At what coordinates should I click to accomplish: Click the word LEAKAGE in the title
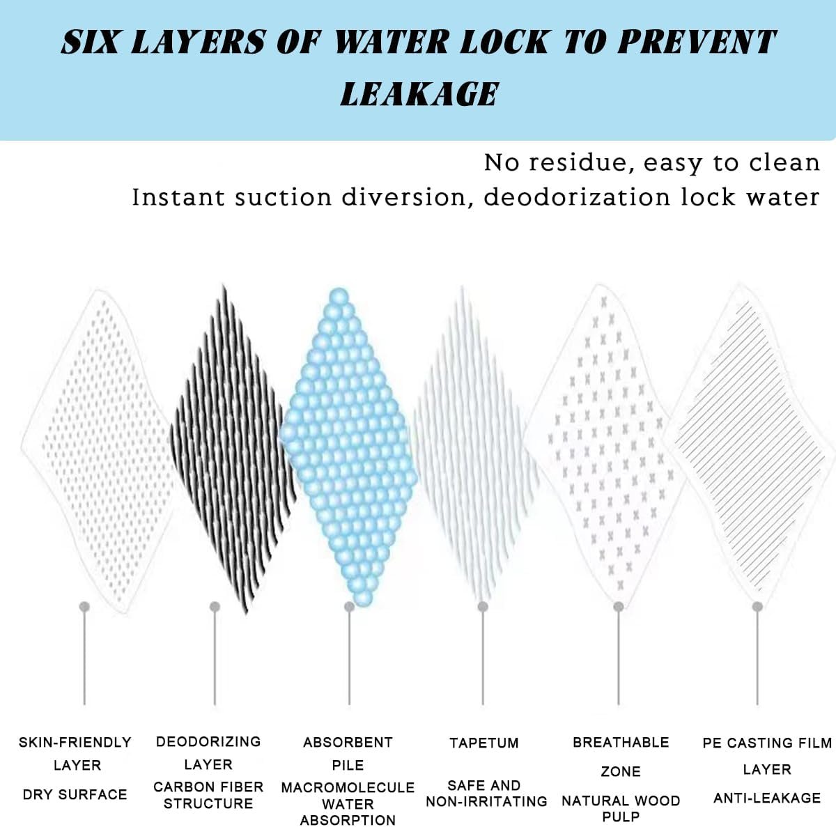click(x=419, y=94)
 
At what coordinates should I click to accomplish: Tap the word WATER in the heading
click(x=392, y=42)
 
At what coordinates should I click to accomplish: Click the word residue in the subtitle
click(x=578, y=163)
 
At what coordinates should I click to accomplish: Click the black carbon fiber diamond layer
click(x=233, y=449)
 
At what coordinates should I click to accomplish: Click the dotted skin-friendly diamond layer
click(x=98, y=451)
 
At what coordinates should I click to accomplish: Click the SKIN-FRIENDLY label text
click(x=75, y=743)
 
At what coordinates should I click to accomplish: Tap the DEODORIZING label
click(x=208, y=741)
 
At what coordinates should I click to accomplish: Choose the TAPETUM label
click(x=484, y=743)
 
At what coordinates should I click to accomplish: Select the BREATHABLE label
click(x=621, y=743)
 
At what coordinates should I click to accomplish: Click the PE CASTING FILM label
click(x=767, y=743)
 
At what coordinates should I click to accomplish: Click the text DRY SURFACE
click(x=75, y=794)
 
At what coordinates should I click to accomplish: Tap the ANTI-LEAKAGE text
click(x=767, y=798)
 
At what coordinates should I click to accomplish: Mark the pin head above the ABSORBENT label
click(x=349, y=607)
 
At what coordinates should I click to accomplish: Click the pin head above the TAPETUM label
click(x=483, y=607)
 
